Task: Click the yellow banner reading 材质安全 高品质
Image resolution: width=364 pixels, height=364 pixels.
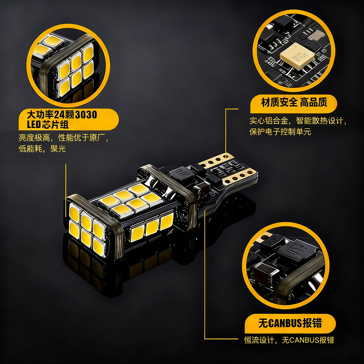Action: (x=294, y=103)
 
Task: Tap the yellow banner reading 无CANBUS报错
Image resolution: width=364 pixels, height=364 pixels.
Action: (x=290, y=323)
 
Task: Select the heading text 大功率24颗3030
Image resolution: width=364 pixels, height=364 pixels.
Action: (x=62, y=115)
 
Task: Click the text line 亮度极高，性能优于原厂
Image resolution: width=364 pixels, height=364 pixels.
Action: (x=63, y=138)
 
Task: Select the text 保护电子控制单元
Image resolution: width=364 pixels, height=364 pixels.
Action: (x=280, y=132)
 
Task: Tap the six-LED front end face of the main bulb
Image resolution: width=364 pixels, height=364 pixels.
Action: (x=87, y=227)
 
